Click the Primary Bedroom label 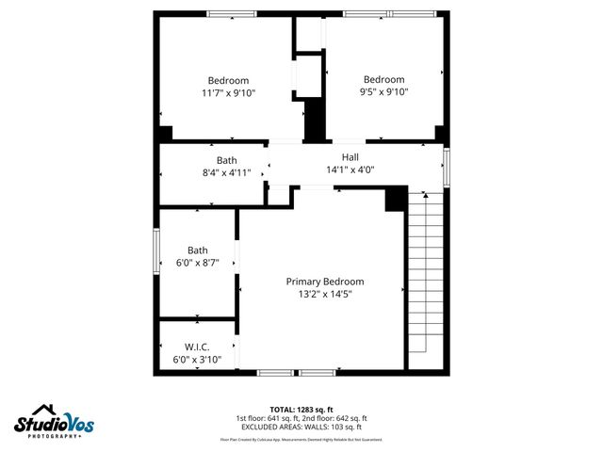click(324, 282)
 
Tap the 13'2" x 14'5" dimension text click(324, 294)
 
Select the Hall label click(350, 157)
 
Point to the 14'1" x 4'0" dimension click(350, 170)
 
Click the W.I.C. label click(196, 347)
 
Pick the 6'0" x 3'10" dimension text click(196, 360)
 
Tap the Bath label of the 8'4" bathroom click(226, 160)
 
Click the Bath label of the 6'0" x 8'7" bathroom click(197, 250)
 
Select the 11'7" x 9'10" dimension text click(228, 93)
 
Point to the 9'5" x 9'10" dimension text click(383, 93)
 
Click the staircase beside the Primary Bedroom click(424, 282)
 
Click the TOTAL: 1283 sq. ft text click(301, 409)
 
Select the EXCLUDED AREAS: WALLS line click(301, 427)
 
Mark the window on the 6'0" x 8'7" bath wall click(157, 252)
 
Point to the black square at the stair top click(396, 199)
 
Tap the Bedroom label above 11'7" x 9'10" click(228, 80)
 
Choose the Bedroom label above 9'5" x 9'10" click(383, 79)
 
